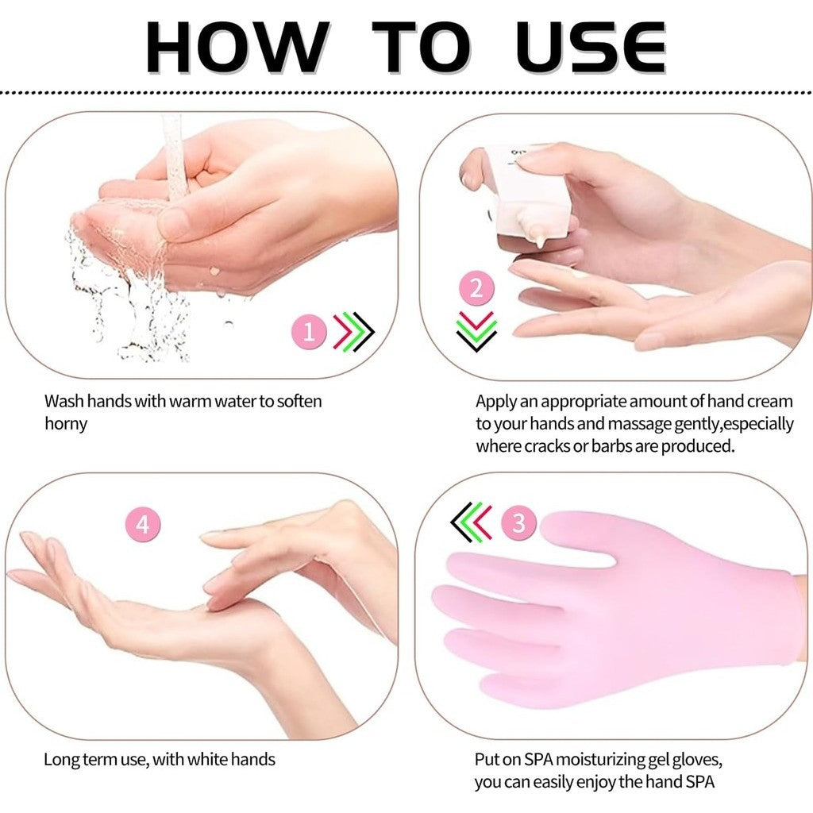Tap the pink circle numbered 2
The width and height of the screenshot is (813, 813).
pos(476,287)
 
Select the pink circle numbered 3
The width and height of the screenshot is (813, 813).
pos(519,523)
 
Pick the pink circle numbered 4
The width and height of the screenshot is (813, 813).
pos(143,524)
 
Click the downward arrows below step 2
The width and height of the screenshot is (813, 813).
pos(476,330)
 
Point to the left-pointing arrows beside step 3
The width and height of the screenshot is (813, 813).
pos(472,522)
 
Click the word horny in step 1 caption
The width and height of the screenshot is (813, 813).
pos(66,423)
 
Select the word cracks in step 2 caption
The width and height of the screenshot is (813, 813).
pos(549,445)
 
